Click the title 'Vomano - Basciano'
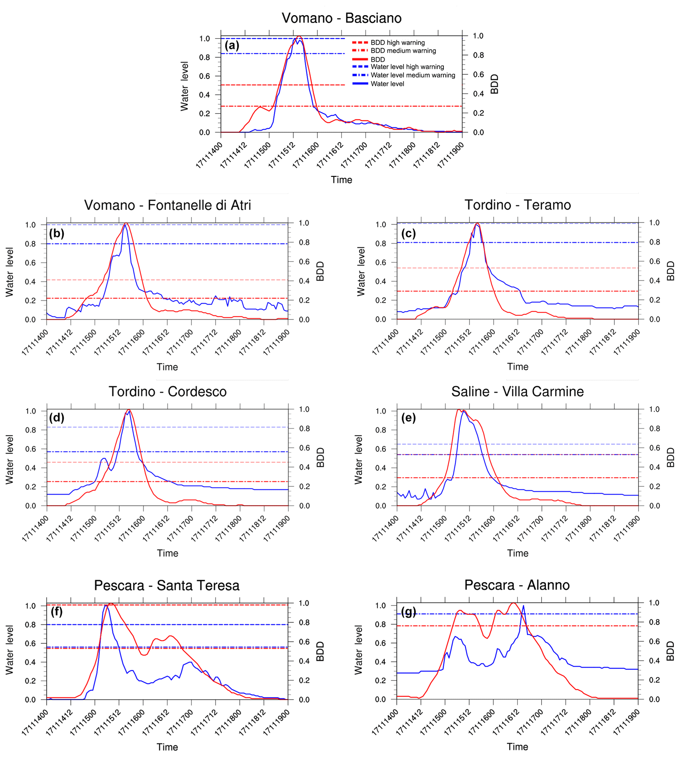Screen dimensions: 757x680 coord(341,18)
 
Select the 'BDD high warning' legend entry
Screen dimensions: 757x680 coord(397,42)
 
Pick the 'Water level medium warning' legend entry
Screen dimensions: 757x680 coord(413,75)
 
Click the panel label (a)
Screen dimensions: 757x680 coord(232,46)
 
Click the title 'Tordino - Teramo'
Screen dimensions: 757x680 coord(517,205)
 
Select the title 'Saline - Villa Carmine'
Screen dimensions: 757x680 coord(517,391)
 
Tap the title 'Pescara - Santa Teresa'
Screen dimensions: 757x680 coord(167,585)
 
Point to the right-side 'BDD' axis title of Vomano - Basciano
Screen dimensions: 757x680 coord(495,84)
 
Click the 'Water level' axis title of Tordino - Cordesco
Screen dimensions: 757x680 coord(9,459)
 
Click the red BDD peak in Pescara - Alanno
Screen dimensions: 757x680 coord(513,603)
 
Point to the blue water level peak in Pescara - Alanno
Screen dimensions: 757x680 coord(523,606)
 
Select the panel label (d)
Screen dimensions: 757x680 coord(57,418)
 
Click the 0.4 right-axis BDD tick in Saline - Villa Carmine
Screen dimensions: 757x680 coord(655,467)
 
